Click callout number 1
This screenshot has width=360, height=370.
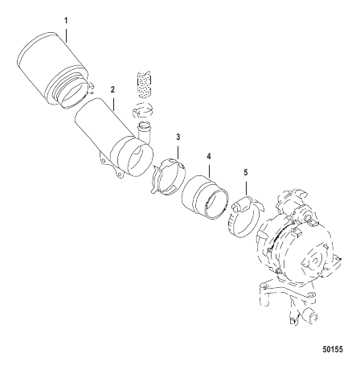[x=66, y=20]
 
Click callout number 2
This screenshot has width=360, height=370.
[x=112, y=89]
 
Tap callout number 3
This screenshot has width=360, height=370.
[x=178, y=138]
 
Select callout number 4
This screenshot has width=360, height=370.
[x=209, y=156]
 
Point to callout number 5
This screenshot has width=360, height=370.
[x=246, y=172]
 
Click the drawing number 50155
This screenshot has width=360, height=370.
[x=333, y=350]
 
